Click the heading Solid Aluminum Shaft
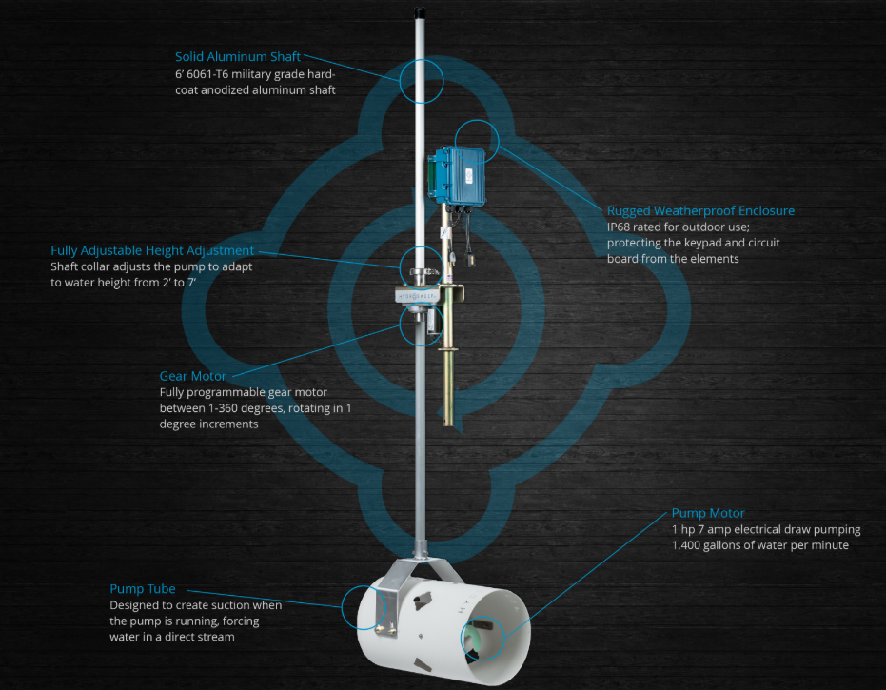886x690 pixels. point(237,56)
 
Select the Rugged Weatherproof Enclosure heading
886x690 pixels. point(700,210)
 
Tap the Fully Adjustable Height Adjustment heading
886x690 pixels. point(152,251)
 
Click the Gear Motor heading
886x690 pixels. point(192,376)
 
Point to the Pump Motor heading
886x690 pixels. point(708,513)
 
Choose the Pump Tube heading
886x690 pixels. point(143,589)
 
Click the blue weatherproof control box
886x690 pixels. point(457,175)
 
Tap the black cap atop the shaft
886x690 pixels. point(420,12)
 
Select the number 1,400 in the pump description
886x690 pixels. point(685,545)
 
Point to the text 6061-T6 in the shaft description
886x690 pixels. point(206,74)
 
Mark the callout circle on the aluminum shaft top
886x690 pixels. point(422,60)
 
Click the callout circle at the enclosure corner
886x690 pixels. point(477,120)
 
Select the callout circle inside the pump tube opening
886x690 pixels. point(482,617)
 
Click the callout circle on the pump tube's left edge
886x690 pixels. point(342,607)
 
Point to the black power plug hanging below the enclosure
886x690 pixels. point(469,257)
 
